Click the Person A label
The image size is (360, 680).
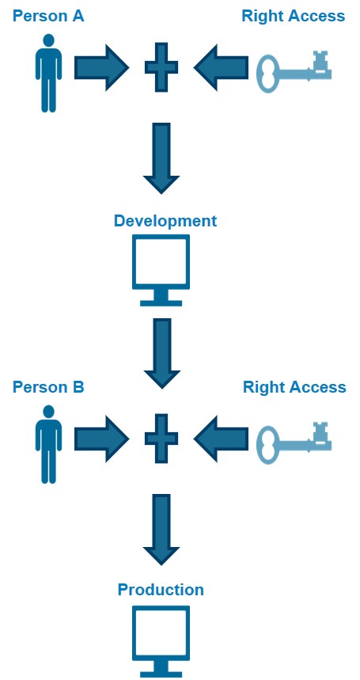48,17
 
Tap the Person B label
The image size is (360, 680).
48,387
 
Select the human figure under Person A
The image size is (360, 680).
48,74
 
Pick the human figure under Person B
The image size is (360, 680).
48,444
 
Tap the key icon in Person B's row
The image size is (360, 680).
294,443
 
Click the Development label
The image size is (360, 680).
165,221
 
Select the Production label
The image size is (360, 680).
161,590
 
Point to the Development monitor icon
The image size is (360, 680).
161,270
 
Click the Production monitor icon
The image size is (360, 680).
161,642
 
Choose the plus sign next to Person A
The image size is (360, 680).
161,67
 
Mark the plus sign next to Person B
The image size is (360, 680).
161,439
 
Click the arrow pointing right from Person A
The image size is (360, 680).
102,67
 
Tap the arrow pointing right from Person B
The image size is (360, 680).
102,439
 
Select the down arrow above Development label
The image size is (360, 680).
161,158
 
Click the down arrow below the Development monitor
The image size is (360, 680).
161,354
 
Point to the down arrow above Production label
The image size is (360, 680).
161,530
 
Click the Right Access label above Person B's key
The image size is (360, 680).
294,387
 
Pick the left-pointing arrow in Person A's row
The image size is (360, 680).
221,67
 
